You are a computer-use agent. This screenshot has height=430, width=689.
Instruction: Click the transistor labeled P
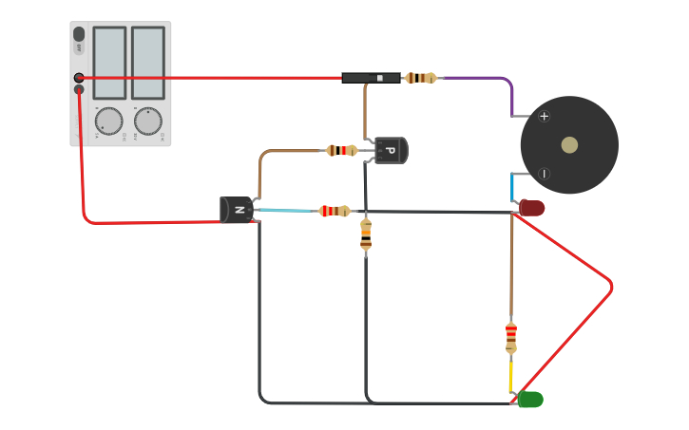click(390, 150)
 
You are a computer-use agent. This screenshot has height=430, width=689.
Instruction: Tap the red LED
click(532, 208)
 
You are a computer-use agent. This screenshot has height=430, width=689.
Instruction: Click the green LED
click(530, 400)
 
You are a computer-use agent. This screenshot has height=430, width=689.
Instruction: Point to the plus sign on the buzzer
click(544, 117)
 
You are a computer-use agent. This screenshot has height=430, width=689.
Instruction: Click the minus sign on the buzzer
click(544, 174)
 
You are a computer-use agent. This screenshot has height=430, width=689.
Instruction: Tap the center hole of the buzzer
click(569, 145)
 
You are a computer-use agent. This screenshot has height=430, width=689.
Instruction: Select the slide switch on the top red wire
click(371, 78)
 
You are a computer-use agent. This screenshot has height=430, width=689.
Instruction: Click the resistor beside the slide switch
click(420, 78)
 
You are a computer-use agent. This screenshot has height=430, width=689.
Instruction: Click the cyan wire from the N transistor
click(285, 211)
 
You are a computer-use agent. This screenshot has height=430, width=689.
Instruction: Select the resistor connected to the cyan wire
click(335, 211)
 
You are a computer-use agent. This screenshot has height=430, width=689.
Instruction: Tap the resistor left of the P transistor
click(341, 150)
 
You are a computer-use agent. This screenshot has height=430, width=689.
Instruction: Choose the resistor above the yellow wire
click(511, 336)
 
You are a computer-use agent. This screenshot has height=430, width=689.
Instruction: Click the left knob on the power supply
click(109, 121)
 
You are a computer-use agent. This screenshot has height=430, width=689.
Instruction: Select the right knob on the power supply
click(147, 121)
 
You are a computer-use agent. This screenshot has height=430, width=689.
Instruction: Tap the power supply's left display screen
click(109, 63)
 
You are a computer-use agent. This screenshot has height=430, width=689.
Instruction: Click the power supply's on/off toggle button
click(79, 35)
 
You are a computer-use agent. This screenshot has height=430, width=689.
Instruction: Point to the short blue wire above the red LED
click(513, 188)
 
